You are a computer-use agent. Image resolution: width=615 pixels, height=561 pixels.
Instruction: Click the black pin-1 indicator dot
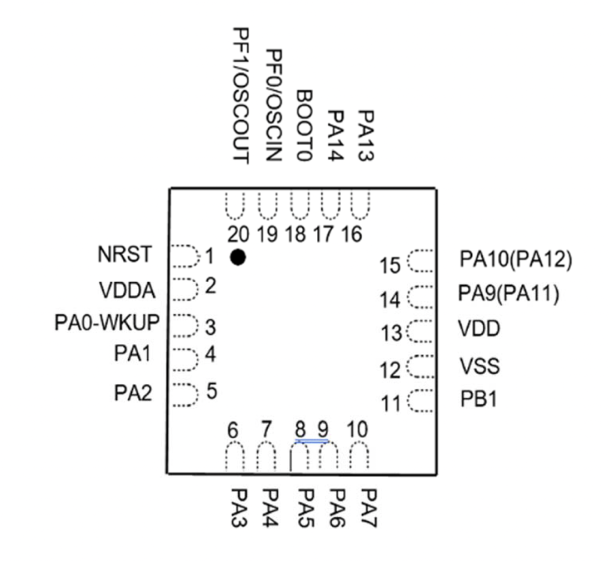point(238,257)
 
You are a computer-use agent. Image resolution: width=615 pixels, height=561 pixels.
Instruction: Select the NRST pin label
point(125,255)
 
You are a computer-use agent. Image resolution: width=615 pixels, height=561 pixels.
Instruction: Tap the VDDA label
point(127,291)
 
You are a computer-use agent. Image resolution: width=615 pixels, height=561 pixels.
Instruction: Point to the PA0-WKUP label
point(107,323)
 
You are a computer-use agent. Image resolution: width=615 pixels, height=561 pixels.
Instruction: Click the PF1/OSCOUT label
point(241,95)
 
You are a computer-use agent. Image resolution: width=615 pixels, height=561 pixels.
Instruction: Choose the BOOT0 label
point(304,126)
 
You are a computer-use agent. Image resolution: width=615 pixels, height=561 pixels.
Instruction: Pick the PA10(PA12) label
point(516,259)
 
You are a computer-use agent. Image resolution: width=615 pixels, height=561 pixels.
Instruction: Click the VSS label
point(480,366)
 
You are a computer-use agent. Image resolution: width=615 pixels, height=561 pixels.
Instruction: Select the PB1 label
point(478,399)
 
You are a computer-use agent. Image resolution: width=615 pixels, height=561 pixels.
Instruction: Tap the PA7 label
point(369,508)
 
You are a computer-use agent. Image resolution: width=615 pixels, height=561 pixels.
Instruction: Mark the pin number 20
point(238,235)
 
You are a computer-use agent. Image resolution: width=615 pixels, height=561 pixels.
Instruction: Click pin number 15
point(390,265)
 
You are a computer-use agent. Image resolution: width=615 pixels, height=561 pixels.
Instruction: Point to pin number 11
point(390,403)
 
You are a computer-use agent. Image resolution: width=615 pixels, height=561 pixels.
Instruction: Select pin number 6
point(233,430)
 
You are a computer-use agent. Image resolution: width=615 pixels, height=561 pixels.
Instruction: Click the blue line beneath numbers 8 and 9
point(312,441)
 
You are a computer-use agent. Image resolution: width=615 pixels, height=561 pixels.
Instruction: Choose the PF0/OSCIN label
point(274,105)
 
